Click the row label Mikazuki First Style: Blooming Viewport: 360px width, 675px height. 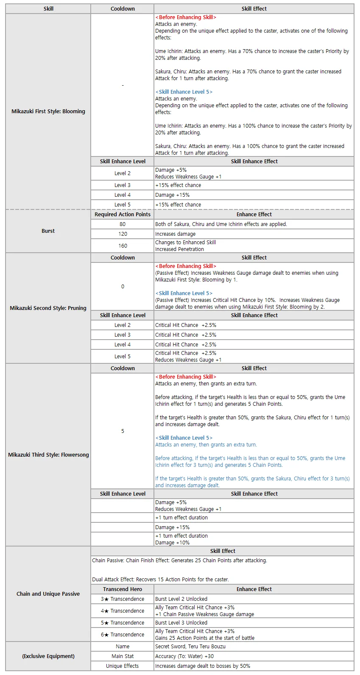click(x=48, y=112)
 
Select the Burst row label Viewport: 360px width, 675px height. click(x=48, y=231)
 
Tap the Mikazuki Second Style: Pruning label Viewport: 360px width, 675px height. click(x=48, y=308)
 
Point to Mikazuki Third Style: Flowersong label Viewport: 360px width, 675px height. click(x=48, y=455)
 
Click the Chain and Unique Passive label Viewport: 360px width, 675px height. click(x=48, y=594)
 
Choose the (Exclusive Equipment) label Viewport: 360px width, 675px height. click(x=48, y=656)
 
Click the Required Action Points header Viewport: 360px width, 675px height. click(x=123, y=215)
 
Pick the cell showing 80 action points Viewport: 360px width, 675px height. click(x=123, y=224)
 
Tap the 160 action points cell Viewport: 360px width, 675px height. click(x=123, y=246)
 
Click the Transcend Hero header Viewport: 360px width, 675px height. click(x=123, y=589)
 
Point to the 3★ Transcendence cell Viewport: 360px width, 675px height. click(x=123, y=599)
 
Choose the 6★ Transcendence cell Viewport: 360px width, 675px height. click(x=123, y=635)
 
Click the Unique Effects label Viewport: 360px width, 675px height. click(x=123, y=666)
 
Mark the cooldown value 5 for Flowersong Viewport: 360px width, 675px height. click(x=123, y=431)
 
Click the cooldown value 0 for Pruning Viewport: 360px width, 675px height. click(x=123, y=287)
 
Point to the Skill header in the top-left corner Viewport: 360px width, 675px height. click(x=48, y=9)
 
